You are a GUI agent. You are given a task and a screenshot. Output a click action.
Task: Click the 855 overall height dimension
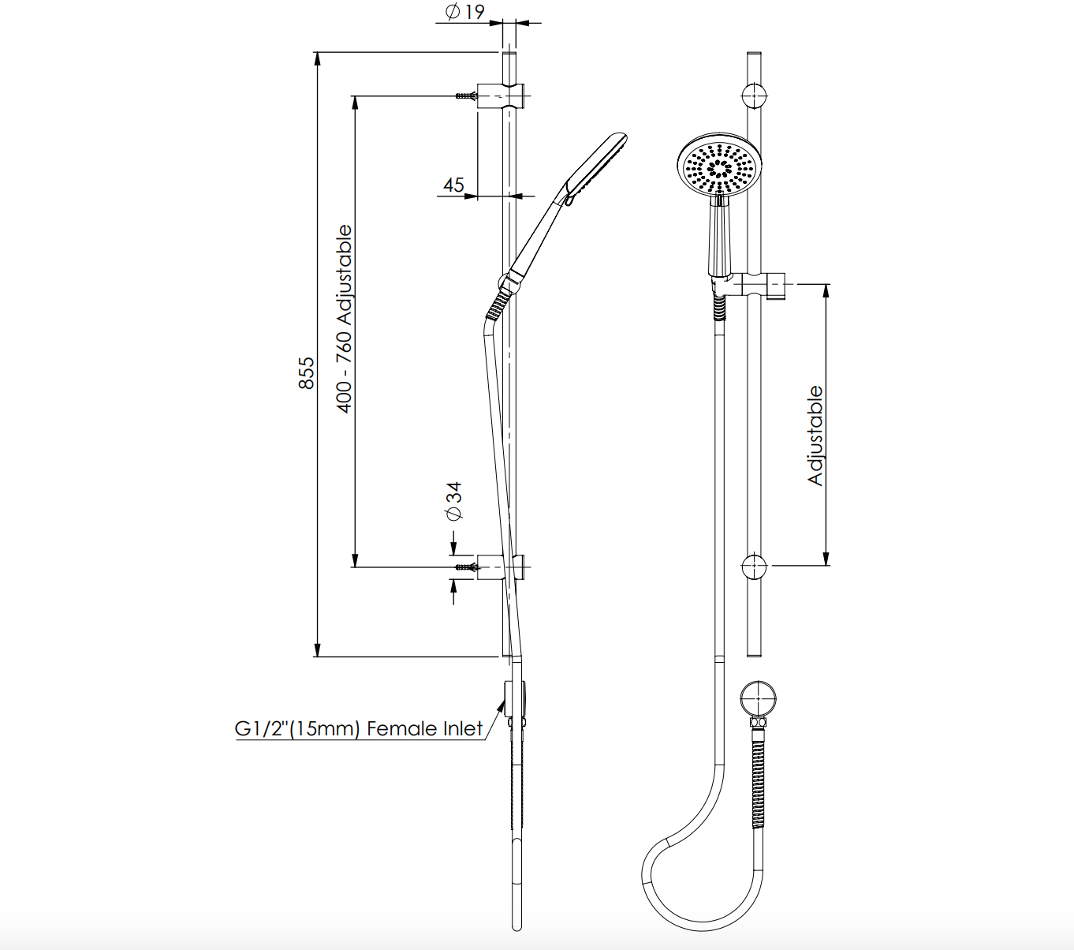pos(307,372)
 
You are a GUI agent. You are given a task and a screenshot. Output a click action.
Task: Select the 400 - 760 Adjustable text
pos(345,320)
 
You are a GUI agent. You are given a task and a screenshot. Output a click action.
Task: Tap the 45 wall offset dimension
pos(453,185)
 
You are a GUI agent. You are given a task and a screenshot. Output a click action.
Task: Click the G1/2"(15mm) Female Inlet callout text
pos(359,729)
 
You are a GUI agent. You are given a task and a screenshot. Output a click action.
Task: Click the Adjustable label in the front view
pos(815,436)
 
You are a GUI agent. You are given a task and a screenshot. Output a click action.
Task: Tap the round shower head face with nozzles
pos(720,167)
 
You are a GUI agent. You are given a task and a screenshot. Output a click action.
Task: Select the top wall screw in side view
pos(466,96)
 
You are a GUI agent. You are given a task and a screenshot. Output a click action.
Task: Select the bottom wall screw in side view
pos(466,567)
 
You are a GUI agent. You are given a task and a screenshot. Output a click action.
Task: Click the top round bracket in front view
pos(755,95)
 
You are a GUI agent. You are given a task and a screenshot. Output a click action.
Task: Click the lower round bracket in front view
pos(755,567)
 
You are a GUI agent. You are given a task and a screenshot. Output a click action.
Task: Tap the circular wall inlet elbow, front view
pos(758,698)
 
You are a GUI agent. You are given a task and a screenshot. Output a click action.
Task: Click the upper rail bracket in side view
pos(502,95)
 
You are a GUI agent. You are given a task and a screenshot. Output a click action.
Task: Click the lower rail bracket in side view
pos(502,567)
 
